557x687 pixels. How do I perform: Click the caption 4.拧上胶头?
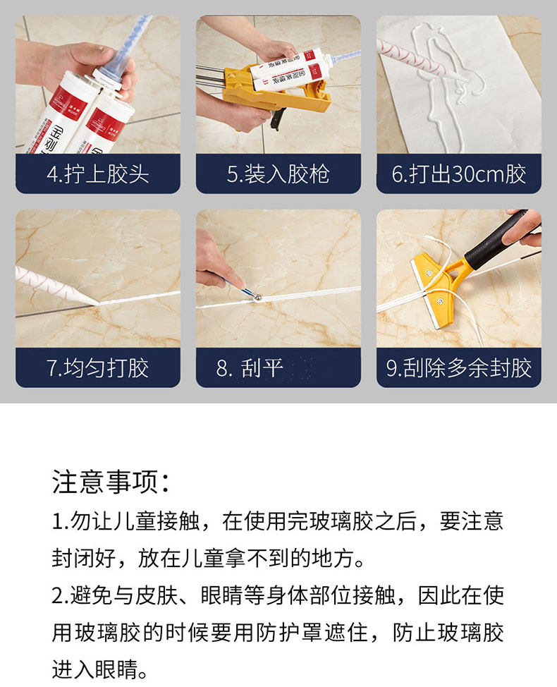[x=97, y=174]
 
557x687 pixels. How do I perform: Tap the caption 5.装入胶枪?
[x=278, y=174]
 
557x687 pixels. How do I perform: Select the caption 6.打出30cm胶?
[x=458, y=174]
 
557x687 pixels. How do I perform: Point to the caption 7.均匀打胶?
[x=97, y=367]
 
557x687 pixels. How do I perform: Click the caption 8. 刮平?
[x=250, y=367]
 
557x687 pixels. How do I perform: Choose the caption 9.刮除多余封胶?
[x=458, y=367]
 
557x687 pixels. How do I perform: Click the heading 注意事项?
[x=111, y=482]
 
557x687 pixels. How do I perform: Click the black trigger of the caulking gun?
[x=278, y=119]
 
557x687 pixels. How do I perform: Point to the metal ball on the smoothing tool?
[x=257, y=298]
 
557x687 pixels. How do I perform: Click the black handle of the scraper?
[x=495, y=239]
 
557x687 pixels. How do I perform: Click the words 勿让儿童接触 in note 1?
[x=135, y=521]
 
